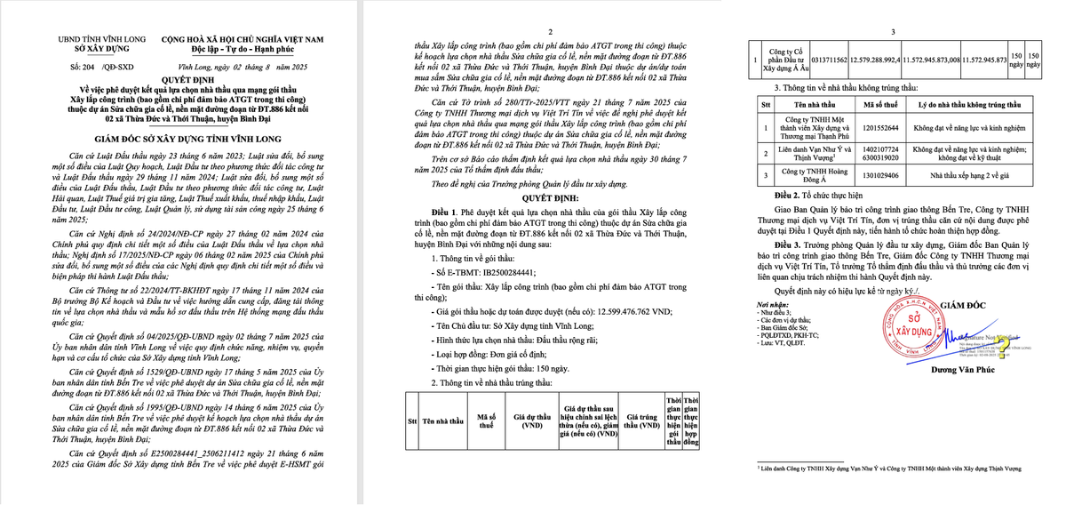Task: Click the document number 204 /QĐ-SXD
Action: pyautogui.click(x=93, y=67)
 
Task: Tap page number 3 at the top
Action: pyautogui.click(x=894, y=31)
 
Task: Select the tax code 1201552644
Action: pyautogui.click(x=880, y=129)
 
